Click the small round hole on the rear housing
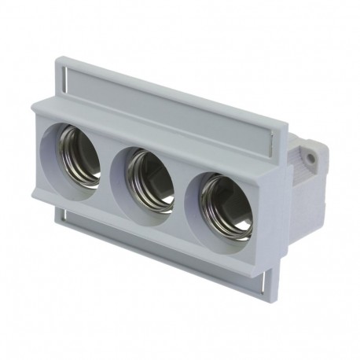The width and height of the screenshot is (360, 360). [311, 159]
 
